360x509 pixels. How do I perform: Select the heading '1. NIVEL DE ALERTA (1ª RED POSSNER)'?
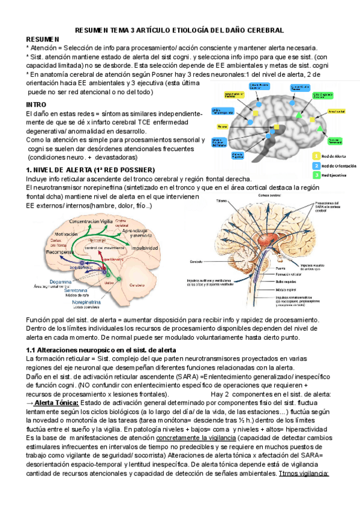coord(91,170)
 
